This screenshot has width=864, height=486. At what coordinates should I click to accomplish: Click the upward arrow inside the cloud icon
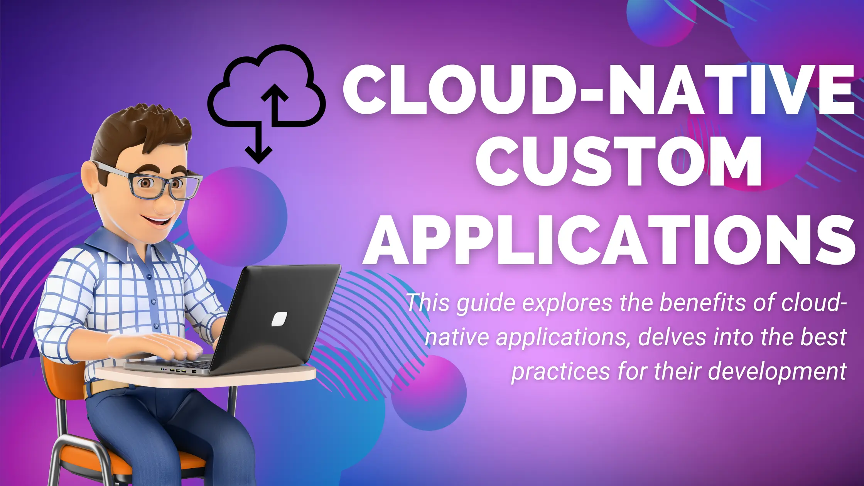click(x=275, y=105)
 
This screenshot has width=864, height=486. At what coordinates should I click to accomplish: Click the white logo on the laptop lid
click(x=279, y=319)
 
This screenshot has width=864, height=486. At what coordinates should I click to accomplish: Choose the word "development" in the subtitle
click(x=777, y=372)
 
